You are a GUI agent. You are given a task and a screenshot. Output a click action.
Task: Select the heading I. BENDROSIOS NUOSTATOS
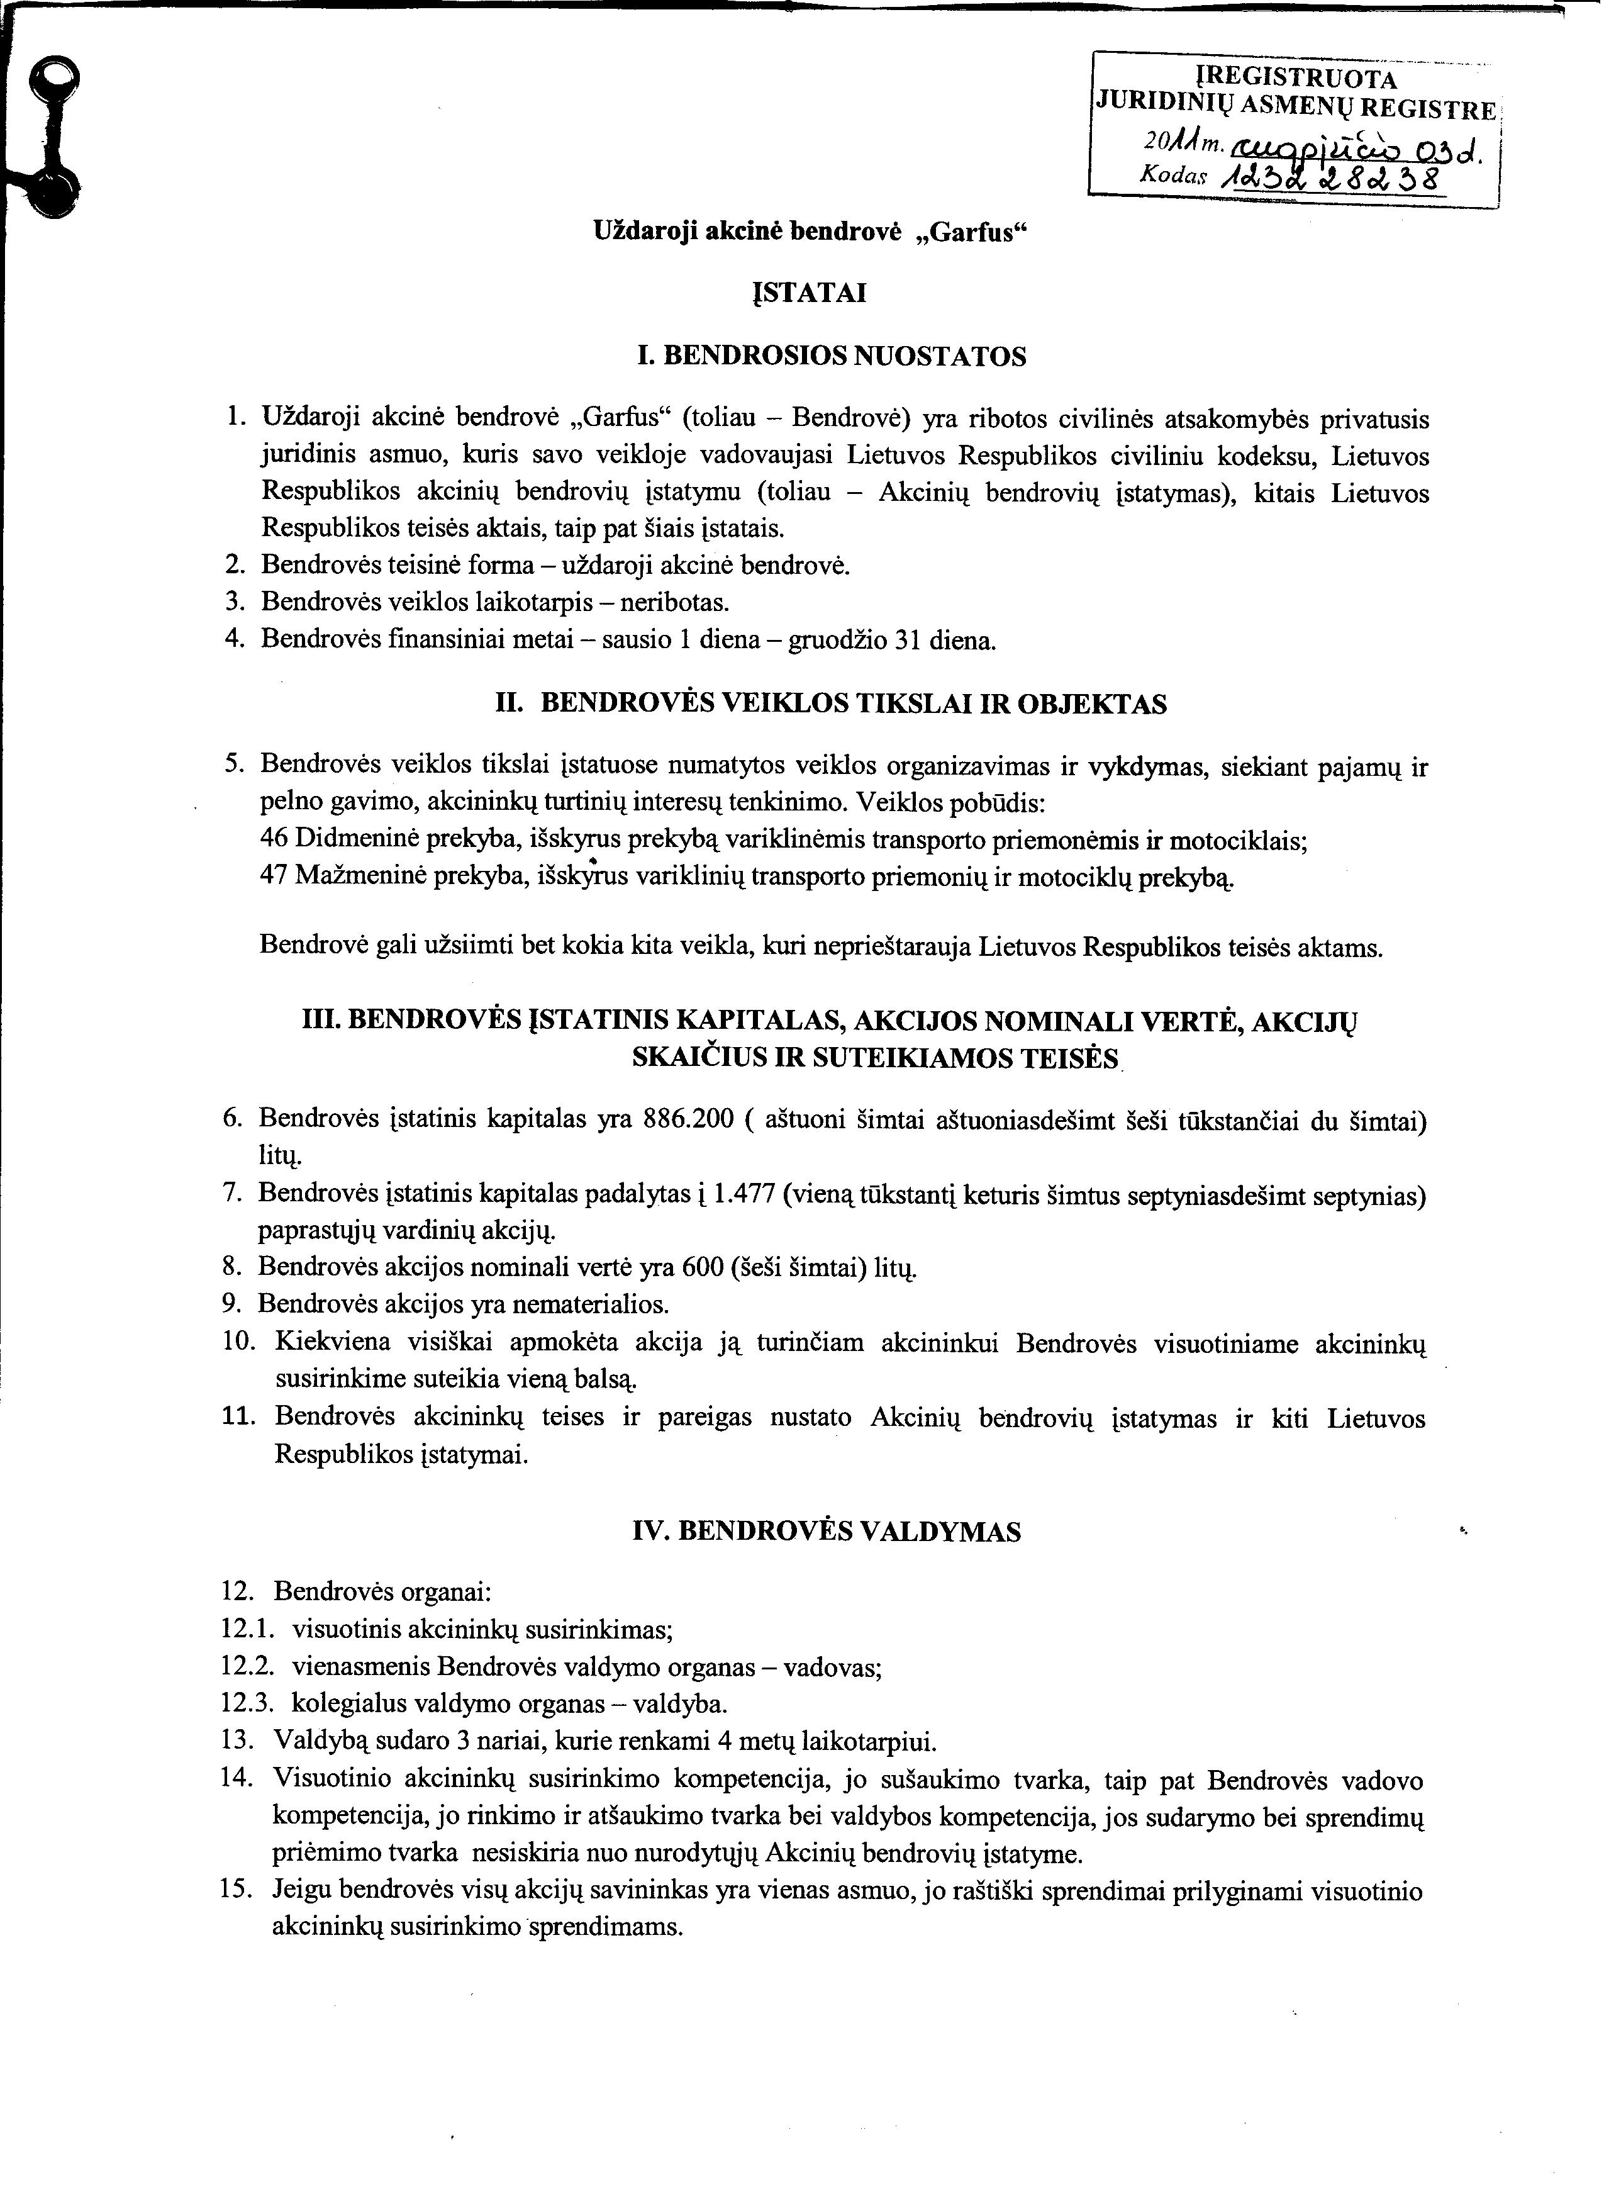(831, 357)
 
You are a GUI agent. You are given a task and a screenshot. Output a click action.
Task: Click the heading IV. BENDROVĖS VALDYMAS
(827, 1532)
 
